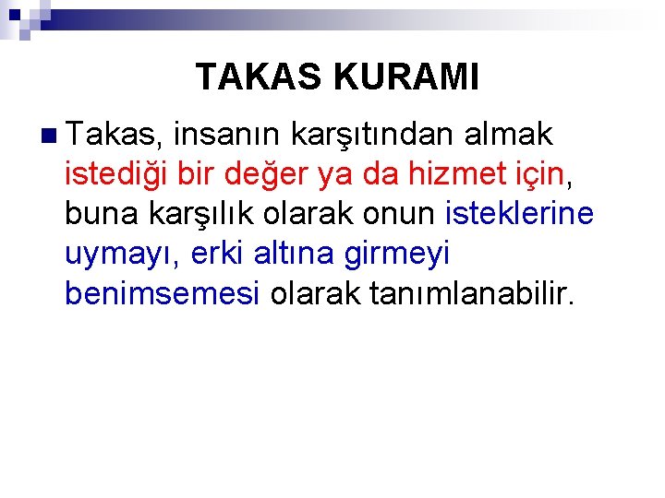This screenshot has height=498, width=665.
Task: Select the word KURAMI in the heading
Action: point(406,77)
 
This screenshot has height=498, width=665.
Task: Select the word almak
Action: point(509,135)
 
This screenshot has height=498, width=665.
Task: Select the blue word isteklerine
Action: point(519,214)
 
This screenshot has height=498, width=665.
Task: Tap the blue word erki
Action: point(216,254)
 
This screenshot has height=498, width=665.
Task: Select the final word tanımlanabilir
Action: point(471,293)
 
